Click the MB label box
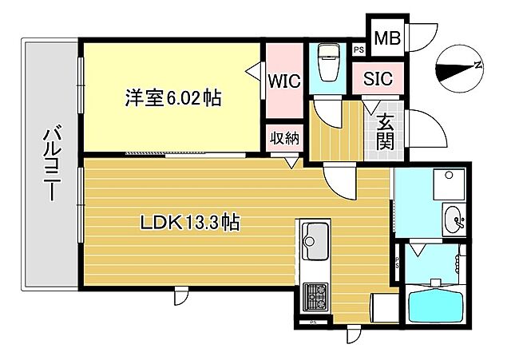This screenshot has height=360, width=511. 388,37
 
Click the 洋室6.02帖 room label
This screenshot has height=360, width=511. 172,99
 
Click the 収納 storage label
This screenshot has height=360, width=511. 283,137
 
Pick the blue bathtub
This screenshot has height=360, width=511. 435,307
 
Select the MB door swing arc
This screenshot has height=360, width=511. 420,34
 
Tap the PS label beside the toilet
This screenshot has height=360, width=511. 358,50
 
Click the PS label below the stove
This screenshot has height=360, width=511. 312,322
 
